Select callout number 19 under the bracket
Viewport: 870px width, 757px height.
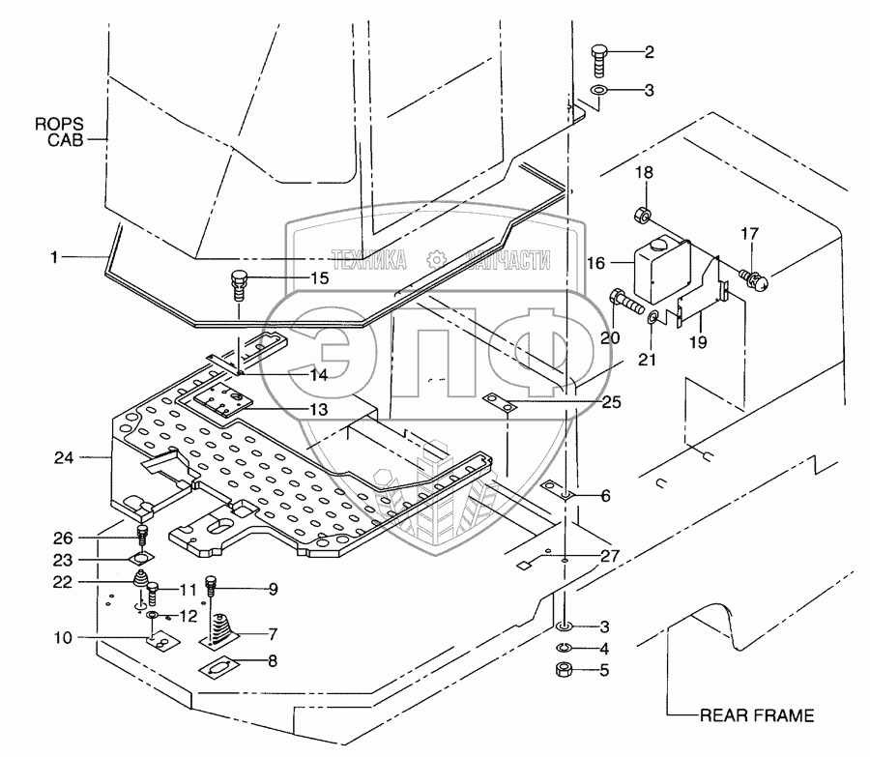(x=697, y=342)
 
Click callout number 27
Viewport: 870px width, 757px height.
(x=609, y=556)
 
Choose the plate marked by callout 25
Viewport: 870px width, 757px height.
(x=502, y=403)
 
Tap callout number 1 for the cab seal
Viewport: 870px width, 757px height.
(x=55, y=257)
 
